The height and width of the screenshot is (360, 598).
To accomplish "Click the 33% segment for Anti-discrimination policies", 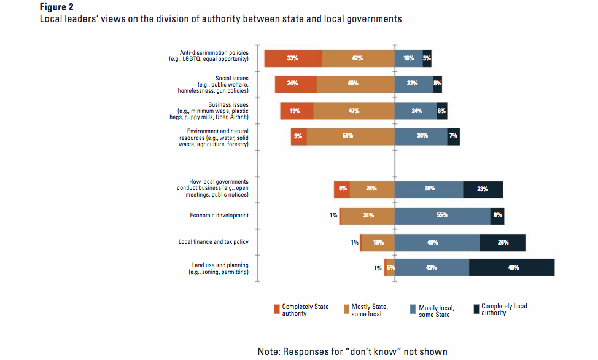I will click(x=293, y=58).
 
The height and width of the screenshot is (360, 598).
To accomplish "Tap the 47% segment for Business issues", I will click(x=354, y=111).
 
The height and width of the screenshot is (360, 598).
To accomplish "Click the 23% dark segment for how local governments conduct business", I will click(x=483, y=189).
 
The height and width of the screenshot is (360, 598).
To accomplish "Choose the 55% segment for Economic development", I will click(x=442, y=216).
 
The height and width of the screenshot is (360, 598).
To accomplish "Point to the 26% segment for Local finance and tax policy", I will click(x=502, y=243).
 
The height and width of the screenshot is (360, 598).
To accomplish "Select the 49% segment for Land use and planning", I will click(x=512, y=268).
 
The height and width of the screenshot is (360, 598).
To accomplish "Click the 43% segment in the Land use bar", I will click(x=431, y=268).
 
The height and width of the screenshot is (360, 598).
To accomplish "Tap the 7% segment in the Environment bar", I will click(x=453, y=136).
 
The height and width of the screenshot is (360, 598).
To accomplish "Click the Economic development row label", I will click(x=219, y=216).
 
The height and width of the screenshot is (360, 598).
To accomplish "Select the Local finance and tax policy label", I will click(x=214, y=242).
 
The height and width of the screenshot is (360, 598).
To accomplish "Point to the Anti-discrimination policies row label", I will click(x=214, y=55).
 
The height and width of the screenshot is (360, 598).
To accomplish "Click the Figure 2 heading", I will click(x=57, y=7).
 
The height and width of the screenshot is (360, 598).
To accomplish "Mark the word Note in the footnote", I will click(x=270, y=351).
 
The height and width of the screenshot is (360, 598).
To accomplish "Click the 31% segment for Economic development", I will click(x=367, y=216).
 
